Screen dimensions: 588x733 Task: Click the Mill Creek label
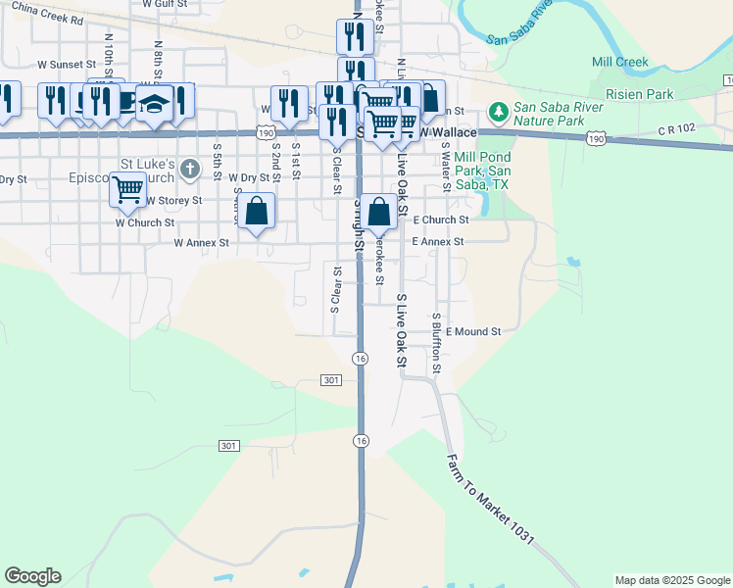coord(620,62)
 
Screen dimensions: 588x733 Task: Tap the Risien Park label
coord(640,94)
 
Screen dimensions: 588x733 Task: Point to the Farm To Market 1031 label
coord(490,499)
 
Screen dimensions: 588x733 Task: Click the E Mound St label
coord(473,332)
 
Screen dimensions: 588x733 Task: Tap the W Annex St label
coord(201,242)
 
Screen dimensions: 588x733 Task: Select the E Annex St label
coord(438,241)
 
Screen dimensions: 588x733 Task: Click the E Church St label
coord(441,220)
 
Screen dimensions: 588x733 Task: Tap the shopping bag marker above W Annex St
coord(256,210)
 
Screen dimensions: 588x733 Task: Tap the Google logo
coord(32,576)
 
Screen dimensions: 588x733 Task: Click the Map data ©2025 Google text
coord(671,580)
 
